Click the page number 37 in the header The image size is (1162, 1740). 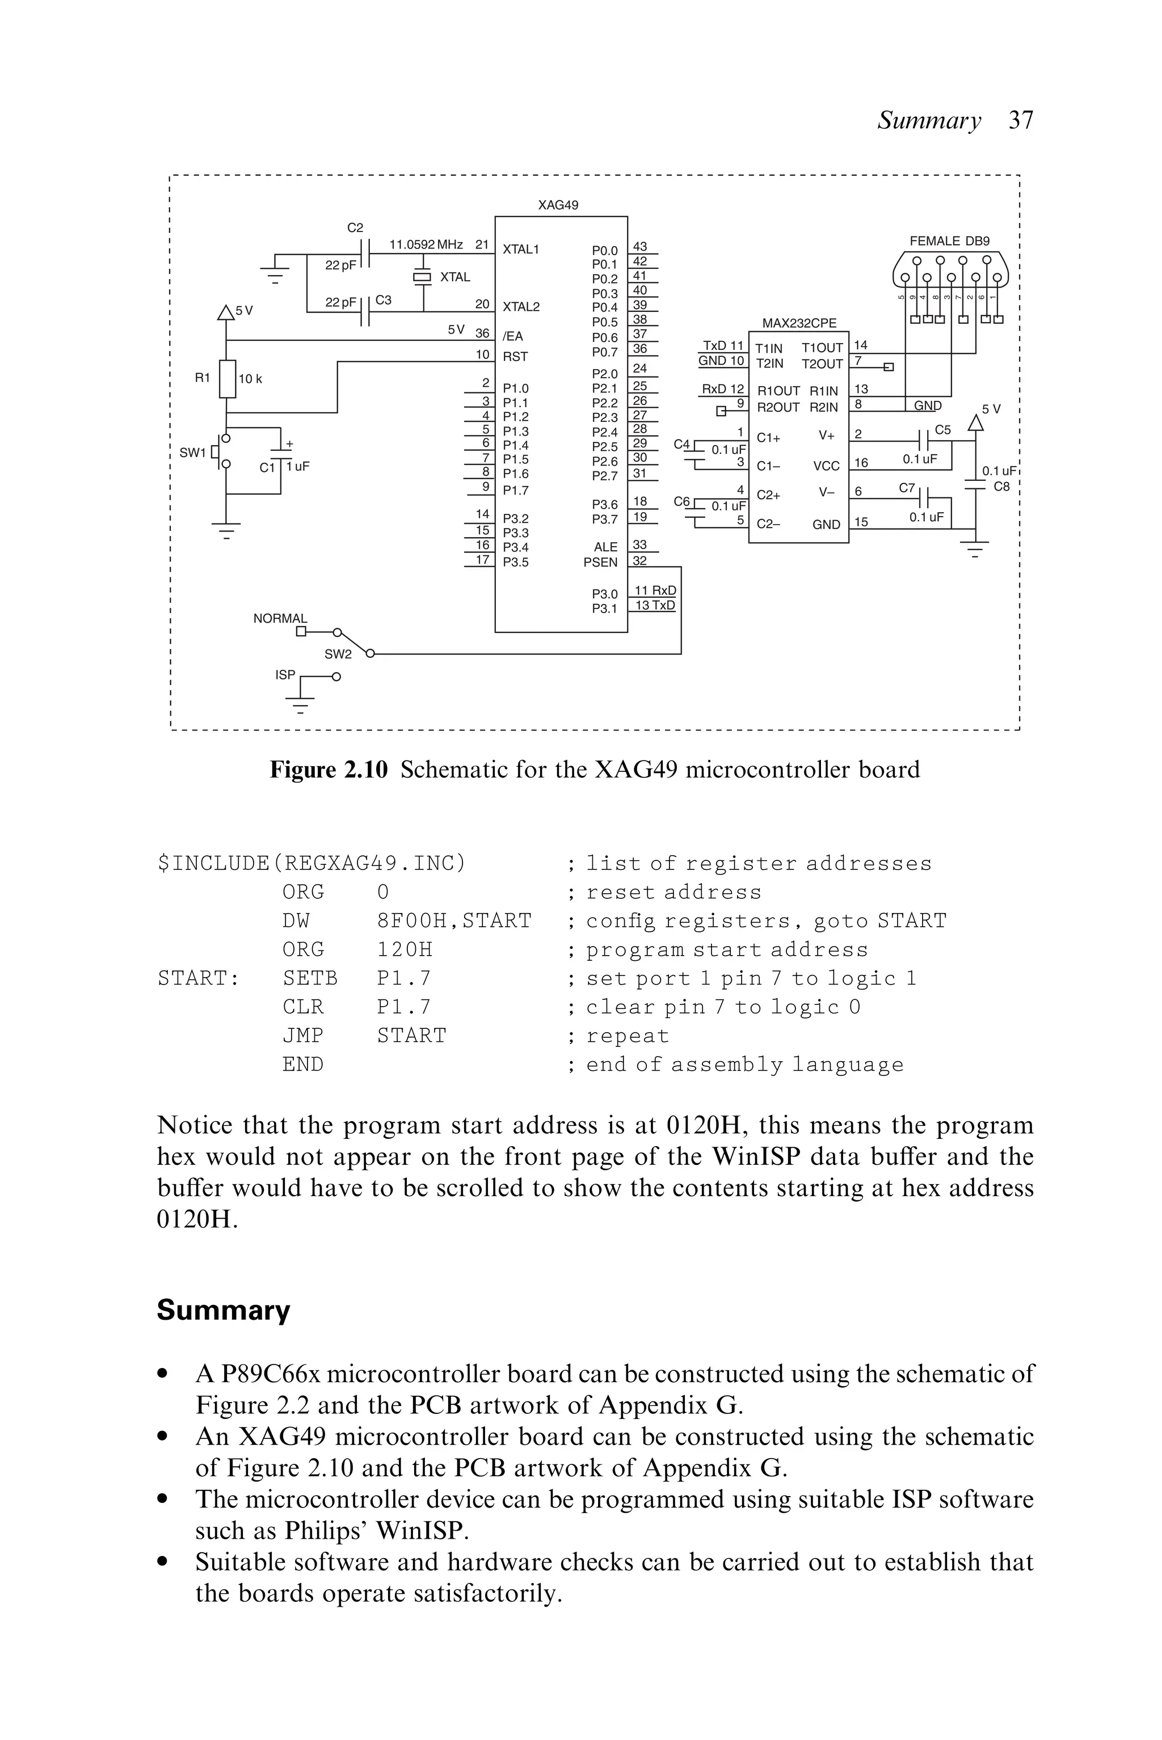[x=1021, y=120]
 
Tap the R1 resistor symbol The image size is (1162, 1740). [x=228, y=378]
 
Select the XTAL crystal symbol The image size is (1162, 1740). [x=422, y=277]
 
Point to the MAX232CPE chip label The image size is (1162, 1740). [x=799, y=323]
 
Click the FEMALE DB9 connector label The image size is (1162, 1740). [x=949, y=240]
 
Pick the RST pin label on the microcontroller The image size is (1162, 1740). [x=515, y=356]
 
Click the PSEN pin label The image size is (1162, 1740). [x=600, y=562]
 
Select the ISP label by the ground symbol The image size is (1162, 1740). [x=285, y=675]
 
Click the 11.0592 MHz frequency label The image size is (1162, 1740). [x=426, y=244]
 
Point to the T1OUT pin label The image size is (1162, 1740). [x=822, y=348]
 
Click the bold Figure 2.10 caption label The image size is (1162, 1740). [x=329, y=770]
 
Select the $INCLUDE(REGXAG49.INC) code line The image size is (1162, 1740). [x=312, y=864]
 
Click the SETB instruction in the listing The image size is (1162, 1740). [x=310, y=978]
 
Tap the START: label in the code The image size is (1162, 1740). [x=199, y=978]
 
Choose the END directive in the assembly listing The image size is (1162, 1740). [x=303, y=1065]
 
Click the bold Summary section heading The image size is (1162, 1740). [x=223, y=1310]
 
